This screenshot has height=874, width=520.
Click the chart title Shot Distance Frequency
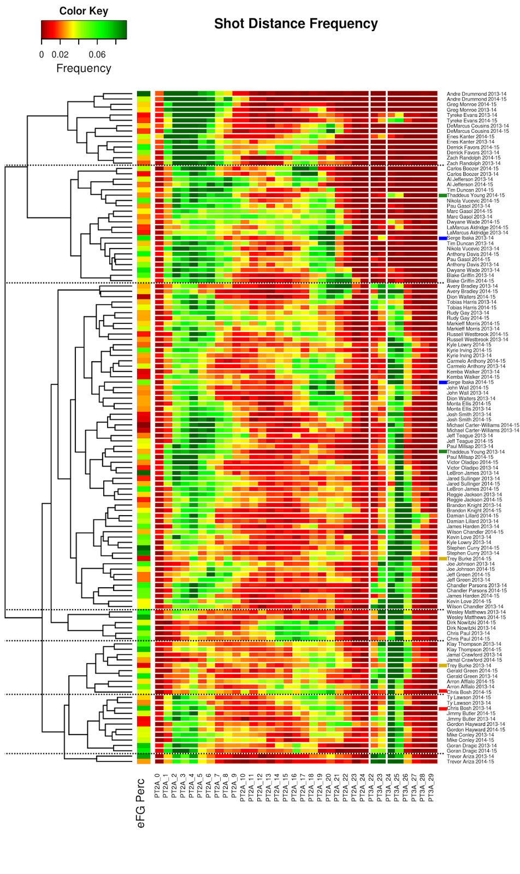[296, 24]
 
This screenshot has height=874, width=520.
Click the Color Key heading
[84, 11]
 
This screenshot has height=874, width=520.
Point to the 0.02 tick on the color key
[60, 55]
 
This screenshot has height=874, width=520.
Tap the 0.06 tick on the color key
[97, 55]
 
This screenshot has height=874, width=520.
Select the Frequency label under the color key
[84, 68]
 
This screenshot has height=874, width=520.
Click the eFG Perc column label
[141, 802]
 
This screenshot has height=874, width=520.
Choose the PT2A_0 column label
[158, 786]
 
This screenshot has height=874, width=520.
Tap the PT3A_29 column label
[432, 787]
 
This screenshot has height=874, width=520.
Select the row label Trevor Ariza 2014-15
[470, 761]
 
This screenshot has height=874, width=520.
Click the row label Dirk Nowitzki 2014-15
[471, 623]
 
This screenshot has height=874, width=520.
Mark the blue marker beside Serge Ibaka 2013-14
[442, 238]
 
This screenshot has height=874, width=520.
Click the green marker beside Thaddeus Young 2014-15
[442, 196]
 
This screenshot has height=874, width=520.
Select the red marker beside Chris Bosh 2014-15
[442, 692]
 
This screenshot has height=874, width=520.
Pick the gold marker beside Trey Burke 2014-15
[442, 559]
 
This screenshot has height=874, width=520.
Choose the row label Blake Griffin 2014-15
[470, 281]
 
